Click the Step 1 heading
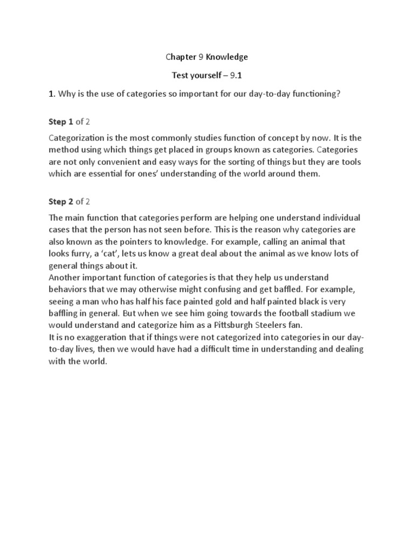click(x=61, y=122)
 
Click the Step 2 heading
click(x=61, y=202)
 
